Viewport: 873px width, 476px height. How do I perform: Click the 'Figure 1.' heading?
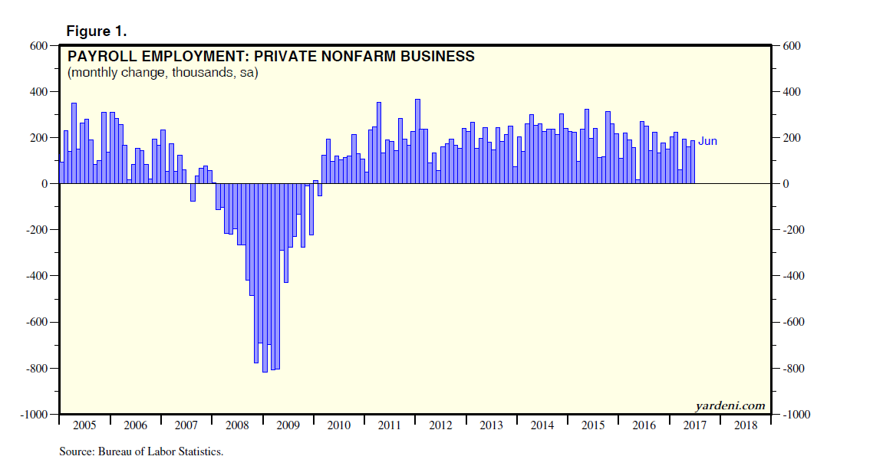pos(96,31)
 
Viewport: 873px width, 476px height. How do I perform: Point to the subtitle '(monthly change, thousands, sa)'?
pos(163,74)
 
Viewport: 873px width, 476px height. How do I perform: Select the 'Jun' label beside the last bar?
pos(707,142)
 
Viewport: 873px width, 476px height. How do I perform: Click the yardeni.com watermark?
pos(730,405)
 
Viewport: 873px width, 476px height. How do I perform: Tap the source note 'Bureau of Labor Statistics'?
pos(160,451)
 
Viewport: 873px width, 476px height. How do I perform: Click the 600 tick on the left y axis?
pos(38,46)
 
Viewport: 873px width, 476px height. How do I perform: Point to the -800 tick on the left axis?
pos(35,369)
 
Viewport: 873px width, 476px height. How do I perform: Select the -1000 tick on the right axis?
pos(799,415)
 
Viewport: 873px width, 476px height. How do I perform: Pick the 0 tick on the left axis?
pos(44,184)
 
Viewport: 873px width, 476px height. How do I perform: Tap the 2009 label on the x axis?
pos(288,425)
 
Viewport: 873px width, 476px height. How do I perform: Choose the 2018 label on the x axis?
pos(745,425)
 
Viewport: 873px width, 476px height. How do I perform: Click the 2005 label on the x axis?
pos(84,425)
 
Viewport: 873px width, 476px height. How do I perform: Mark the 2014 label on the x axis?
pos(542,425)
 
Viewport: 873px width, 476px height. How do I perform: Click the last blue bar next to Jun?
pos(693,162)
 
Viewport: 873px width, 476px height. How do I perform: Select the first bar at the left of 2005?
pos(61,172)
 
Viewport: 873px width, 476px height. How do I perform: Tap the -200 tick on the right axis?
pos(795,230)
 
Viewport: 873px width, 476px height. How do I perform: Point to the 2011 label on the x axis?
pos(390,425)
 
